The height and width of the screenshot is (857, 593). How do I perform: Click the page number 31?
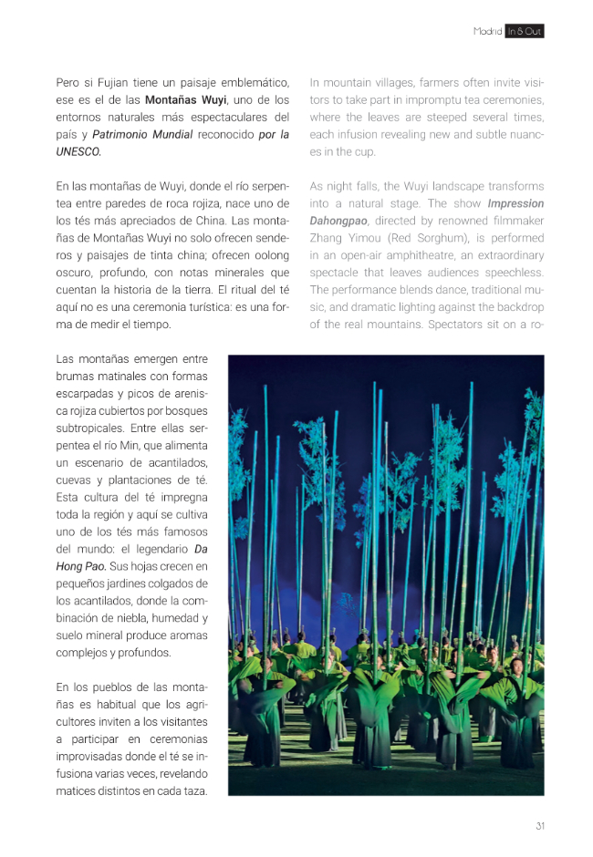point(540,826)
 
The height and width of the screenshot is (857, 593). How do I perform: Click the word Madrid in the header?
point(487,31)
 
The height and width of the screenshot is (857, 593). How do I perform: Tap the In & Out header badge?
point(525,31)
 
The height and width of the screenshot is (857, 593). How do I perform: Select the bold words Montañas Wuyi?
point(185,99)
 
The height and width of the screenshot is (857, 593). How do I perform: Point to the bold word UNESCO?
point(78,151)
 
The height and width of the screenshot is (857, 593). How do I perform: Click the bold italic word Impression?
point(515,203)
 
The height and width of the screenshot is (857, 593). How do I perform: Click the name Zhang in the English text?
point(327,238)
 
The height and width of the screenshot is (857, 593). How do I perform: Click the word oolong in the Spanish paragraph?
point(271,255)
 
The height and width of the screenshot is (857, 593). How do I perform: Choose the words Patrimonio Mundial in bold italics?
point(142,134)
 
